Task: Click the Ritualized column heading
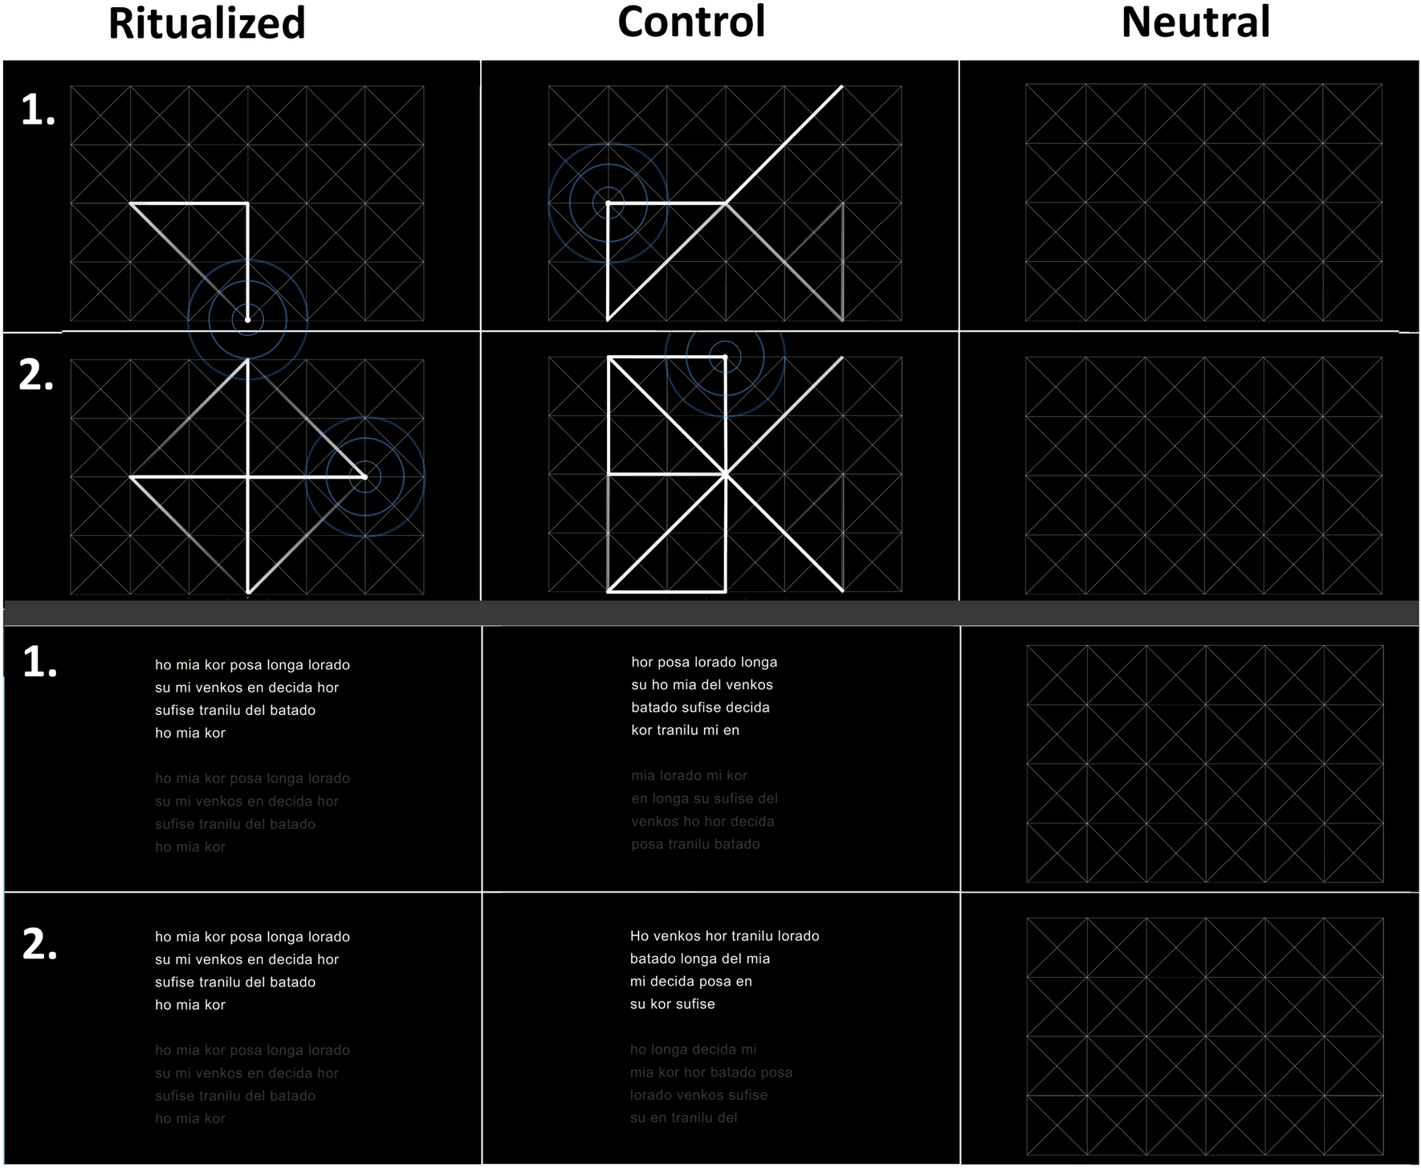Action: pyautogui.click(x=207, y=23)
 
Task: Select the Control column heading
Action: pyautogui.click(x=691, y=22)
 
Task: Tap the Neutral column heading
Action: pyautogui.click(x=1195, y=22)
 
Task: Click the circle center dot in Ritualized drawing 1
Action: pyautogui.click(x=247, y=320)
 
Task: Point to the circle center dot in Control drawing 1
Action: pyautogui.click(x=609, y=203)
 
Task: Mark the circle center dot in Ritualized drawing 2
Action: pyautogui.click(x=364, y=476)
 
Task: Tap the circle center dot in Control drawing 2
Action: pyautogui.click(x=725, y=357)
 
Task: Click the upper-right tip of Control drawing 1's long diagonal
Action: pyautogui.click(x=842, y=86)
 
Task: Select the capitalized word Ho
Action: pyautogui.click(x=639, y=936)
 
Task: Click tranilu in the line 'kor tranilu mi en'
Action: pyautogui.click(x=685, y=730)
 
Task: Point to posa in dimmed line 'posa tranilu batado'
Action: pyautogui.click(x=646, y=844)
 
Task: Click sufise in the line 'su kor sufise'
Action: pyautogui.click(x=694, y=1004)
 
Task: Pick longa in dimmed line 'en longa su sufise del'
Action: pyautogui.click(x=671, y=798)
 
